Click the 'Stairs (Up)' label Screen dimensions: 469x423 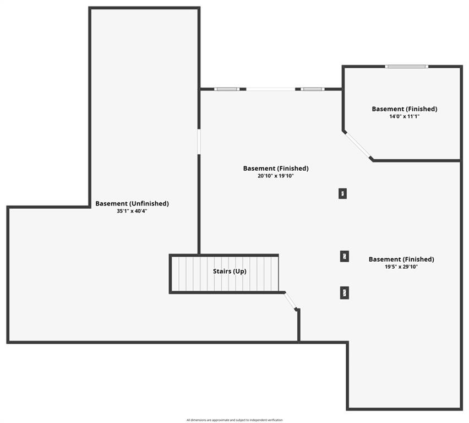pos(230,272)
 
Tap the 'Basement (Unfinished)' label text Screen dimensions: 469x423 pos(132,204)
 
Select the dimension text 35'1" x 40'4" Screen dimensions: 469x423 pos(132,211)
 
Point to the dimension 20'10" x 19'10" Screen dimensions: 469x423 pos(275,176)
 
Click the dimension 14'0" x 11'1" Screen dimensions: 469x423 pos(405,116)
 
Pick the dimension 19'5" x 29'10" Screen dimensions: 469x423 pos(401,267)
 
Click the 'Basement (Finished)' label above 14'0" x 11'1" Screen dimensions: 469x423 pos(405,109)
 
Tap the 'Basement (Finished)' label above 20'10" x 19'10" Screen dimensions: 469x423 pos(276,168)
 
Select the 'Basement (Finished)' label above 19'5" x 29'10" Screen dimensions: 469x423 pos(401,259)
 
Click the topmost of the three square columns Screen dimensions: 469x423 pos(343,194)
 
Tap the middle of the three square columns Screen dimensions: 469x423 pos(345,256)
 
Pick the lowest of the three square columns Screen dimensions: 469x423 pos(345,293)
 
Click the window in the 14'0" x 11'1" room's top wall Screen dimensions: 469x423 pos(406,67)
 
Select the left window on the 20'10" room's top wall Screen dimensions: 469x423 pos(227,89)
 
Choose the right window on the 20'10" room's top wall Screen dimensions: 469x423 pos(313,89)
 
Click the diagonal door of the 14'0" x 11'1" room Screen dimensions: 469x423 pos(357,145)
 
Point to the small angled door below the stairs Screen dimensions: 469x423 pos(291,301)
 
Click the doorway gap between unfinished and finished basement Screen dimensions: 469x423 pos(199,142)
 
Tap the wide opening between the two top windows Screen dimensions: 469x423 pos(271,89)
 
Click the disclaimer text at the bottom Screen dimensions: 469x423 pos(234,420)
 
